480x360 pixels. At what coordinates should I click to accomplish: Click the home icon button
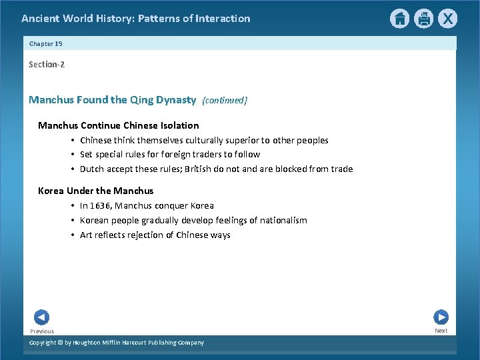399,19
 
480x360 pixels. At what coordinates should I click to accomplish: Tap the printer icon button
424,19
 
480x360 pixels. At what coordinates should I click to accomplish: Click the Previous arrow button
41,318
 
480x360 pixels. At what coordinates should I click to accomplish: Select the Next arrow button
441,317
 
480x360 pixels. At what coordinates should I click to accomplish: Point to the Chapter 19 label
45,43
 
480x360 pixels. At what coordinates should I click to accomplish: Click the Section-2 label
47,64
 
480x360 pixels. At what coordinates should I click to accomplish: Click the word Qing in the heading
141,100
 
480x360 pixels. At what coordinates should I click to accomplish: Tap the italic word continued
225,101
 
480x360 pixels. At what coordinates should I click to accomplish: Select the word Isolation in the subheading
179,125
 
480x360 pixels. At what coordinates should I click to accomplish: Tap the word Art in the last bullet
86,235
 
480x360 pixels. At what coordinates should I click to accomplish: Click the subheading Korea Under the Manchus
95,191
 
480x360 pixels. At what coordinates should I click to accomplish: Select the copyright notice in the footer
117,343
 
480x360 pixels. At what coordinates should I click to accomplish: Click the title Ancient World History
135,19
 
